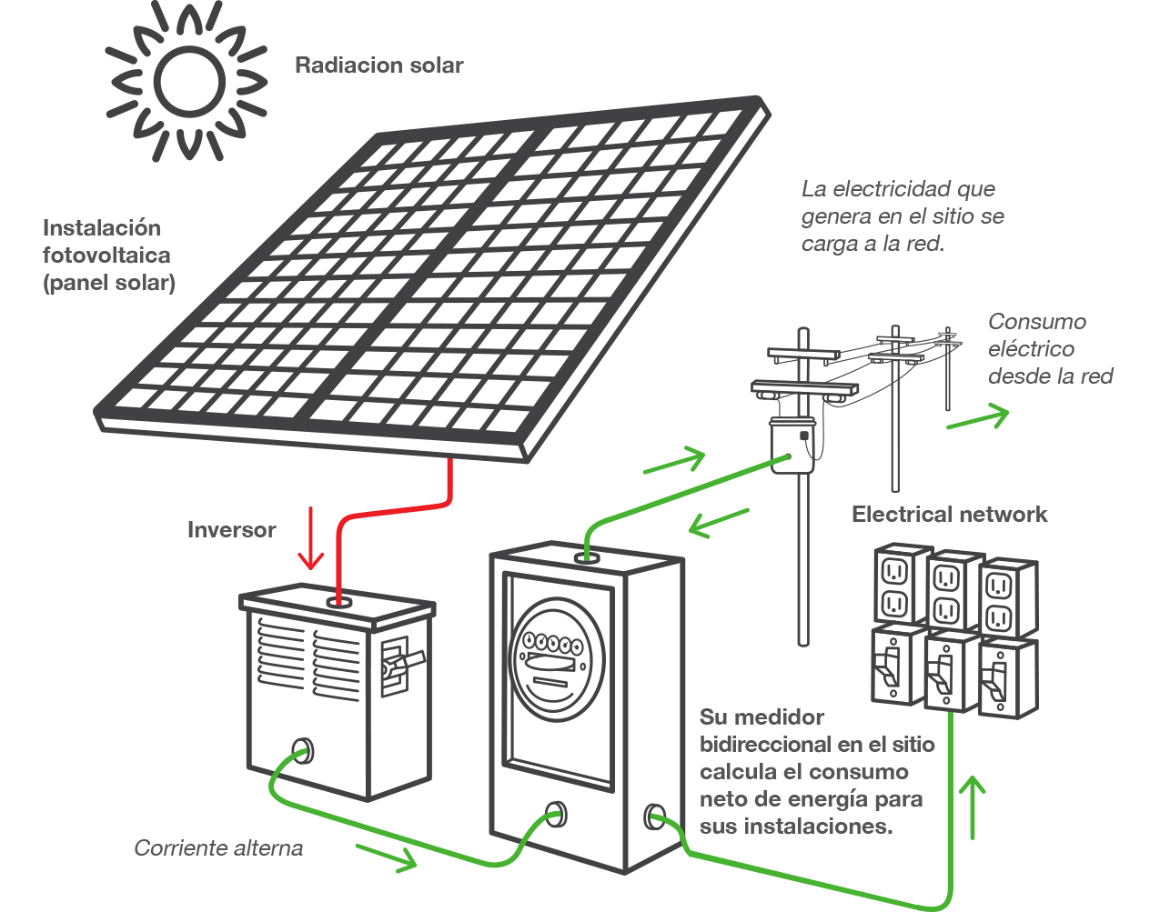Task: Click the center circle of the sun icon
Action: (187, 81)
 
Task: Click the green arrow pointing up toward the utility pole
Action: (674, 460)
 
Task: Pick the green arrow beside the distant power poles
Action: (978, 418)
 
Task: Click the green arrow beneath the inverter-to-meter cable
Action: (386, 856)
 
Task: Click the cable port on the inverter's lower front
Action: (301, 751)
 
